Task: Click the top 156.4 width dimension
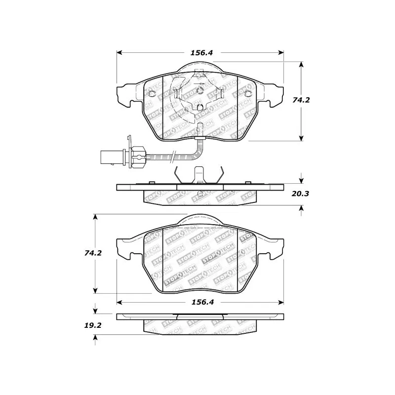(x=200, y=52)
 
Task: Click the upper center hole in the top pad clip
(x=200, y=90)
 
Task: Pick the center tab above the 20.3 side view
(x=200, y=174)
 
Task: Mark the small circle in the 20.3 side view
(x=200, y=193)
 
